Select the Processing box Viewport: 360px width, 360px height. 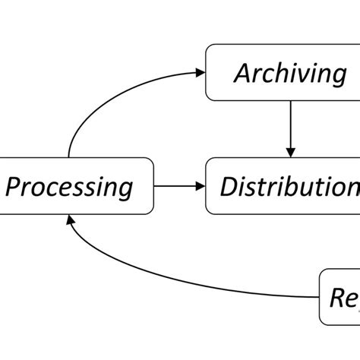76,185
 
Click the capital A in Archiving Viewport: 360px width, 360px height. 243,73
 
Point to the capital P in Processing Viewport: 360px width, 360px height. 14,185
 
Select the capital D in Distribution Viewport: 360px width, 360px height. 229,185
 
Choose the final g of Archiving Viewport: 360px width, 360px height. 337,76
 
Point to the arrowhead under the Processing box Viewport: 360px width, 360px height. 71,219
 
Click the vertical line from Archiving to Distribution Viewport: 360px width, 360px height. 289,125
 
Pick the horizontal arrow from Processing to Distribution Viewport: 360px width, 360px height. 178,185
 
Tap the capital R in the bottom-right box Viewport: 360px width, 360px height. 336,295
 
